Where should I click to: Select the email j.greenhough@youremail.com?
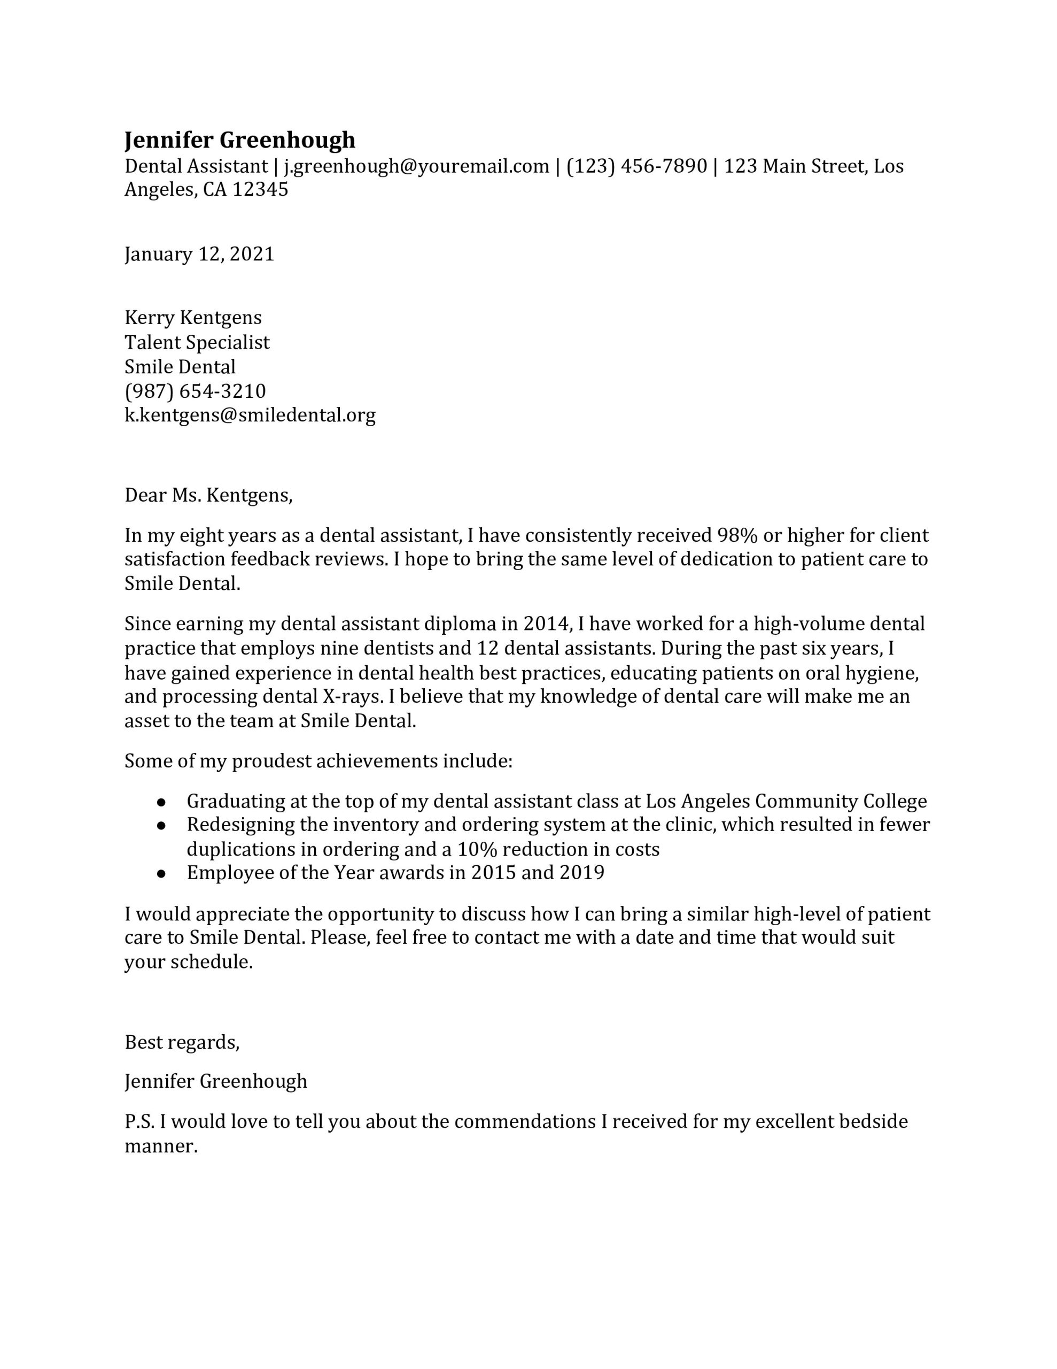416,166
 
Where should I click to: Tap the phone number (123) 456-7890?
636,166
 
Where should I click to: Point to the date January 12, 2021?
199,254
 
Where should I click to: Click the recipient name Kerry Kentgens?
193,318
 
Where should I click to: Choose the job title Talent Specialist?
197,342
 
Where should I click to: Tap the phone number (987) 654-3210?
195,391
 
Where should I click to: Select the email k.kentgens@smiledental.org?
250,415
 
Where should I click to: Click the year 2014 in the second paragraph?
546,624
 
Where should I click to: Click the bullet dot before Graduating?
161,802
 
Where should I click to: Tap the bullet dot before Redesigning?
161,826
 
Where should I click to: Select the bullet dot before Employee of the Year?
161,874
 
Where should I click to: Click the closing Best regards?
182,1042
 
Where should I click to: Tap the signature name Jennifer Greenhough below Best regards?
215,1081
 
